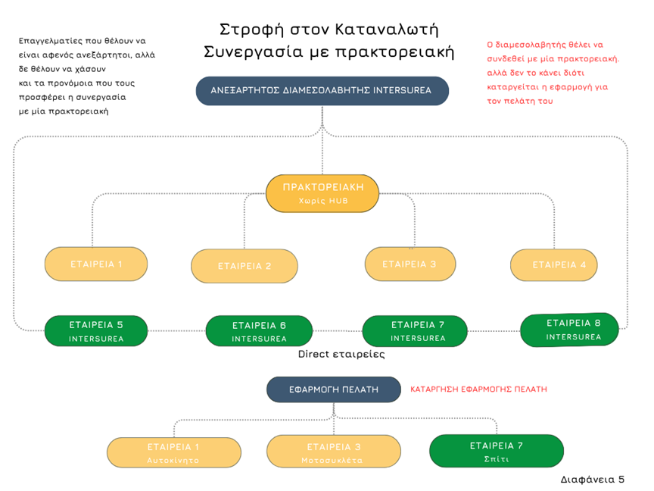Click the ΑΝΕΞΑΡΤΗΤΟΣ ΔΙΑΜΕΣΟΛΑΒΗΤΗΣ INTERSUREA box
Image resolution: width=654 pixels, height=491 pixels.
[322, 91]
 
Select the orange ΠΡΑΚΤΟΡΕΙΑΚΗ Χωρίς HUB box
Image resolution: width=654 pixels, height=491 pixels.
[322, 194]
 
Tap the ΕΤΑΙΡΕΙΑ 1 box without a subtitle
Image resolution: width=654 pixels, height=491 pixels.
[96, 264]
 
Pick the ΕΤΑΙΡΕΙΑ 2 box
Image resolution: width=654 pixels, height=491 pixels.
[244, 266]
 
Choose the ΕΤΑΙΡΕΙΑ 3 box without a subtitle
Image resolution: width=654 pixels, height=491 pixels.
[410, 264]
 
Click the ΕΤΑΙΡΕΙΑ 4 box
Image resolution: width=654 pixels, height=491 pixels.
[559, 265]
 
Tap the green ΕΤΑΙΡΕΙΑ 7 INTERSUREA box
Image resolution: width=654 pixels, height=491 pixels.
[418, 331]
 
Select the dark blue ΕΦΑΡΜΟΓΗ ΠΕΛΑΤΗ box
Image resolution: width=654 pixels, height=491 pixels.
[333, 389]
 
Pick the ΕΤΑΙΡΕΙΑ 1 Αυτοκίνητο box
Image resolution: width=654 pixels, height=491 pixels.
[174, 452]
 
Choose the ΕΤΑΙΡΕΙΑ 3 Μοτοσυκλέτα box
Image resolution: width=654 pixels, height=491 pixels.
[333, 452]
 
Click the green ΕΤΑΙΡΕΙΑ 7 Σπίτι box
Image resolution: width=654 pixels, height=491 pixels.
[496, 452]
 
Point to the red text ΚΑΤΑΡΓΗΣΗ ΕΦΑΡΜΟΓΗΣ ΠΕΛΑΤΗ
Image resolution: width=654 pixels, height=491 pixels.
[478, 389]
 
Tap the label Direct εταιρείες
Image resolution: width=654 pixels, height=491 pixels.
[341, 354]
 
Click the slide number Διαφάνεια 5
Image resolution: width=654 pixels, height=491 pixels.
[593, 480]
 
